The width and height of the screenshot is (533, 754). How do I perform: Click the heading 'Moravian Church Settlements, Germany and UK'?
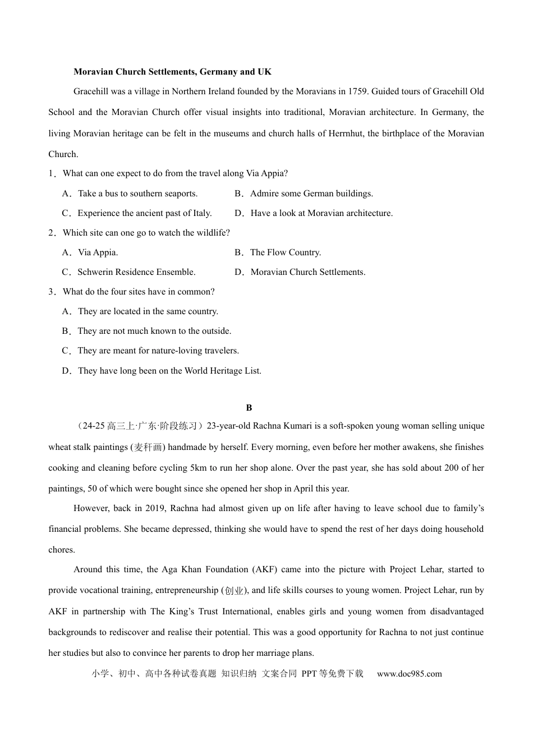click(172, 72)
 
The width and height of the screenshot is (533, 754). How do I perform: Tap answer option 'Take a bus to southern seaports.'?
click(137, 194)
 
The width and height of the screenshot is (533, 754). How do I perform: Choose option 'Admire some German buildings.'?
click(311, 194)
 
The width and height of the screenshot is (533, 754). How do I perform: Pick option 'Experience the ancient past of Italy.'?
click(144, 213)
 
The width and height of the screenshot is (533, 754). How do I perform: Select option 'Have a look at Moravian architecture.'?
click(321, 213)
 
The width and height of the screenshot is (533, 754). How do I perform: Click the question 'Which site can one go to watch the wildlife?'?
click(146, 233)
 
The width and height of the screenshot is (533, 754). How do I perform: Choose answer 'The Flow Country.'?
click(286, 252)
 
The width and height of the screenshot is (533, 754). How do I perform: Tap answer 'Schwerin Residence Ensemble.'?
click(136, 272)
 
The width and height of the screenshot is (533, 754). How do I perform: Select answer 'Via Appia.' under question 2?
click(98, 252)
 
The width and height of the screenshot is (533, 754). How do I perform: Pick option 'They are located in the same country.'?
click(148, 311)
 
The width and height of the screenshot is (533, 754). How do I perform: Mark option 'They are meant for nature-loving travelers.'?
click(158, 351)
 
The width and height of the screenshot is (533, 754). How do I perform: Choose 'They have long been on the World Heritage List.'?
click(169, 371)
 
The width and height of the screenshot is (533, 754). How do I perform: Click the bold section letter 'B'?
click(249, 408)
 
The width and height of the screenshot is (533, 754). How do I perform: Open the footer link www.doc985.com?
click(409, 674)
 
